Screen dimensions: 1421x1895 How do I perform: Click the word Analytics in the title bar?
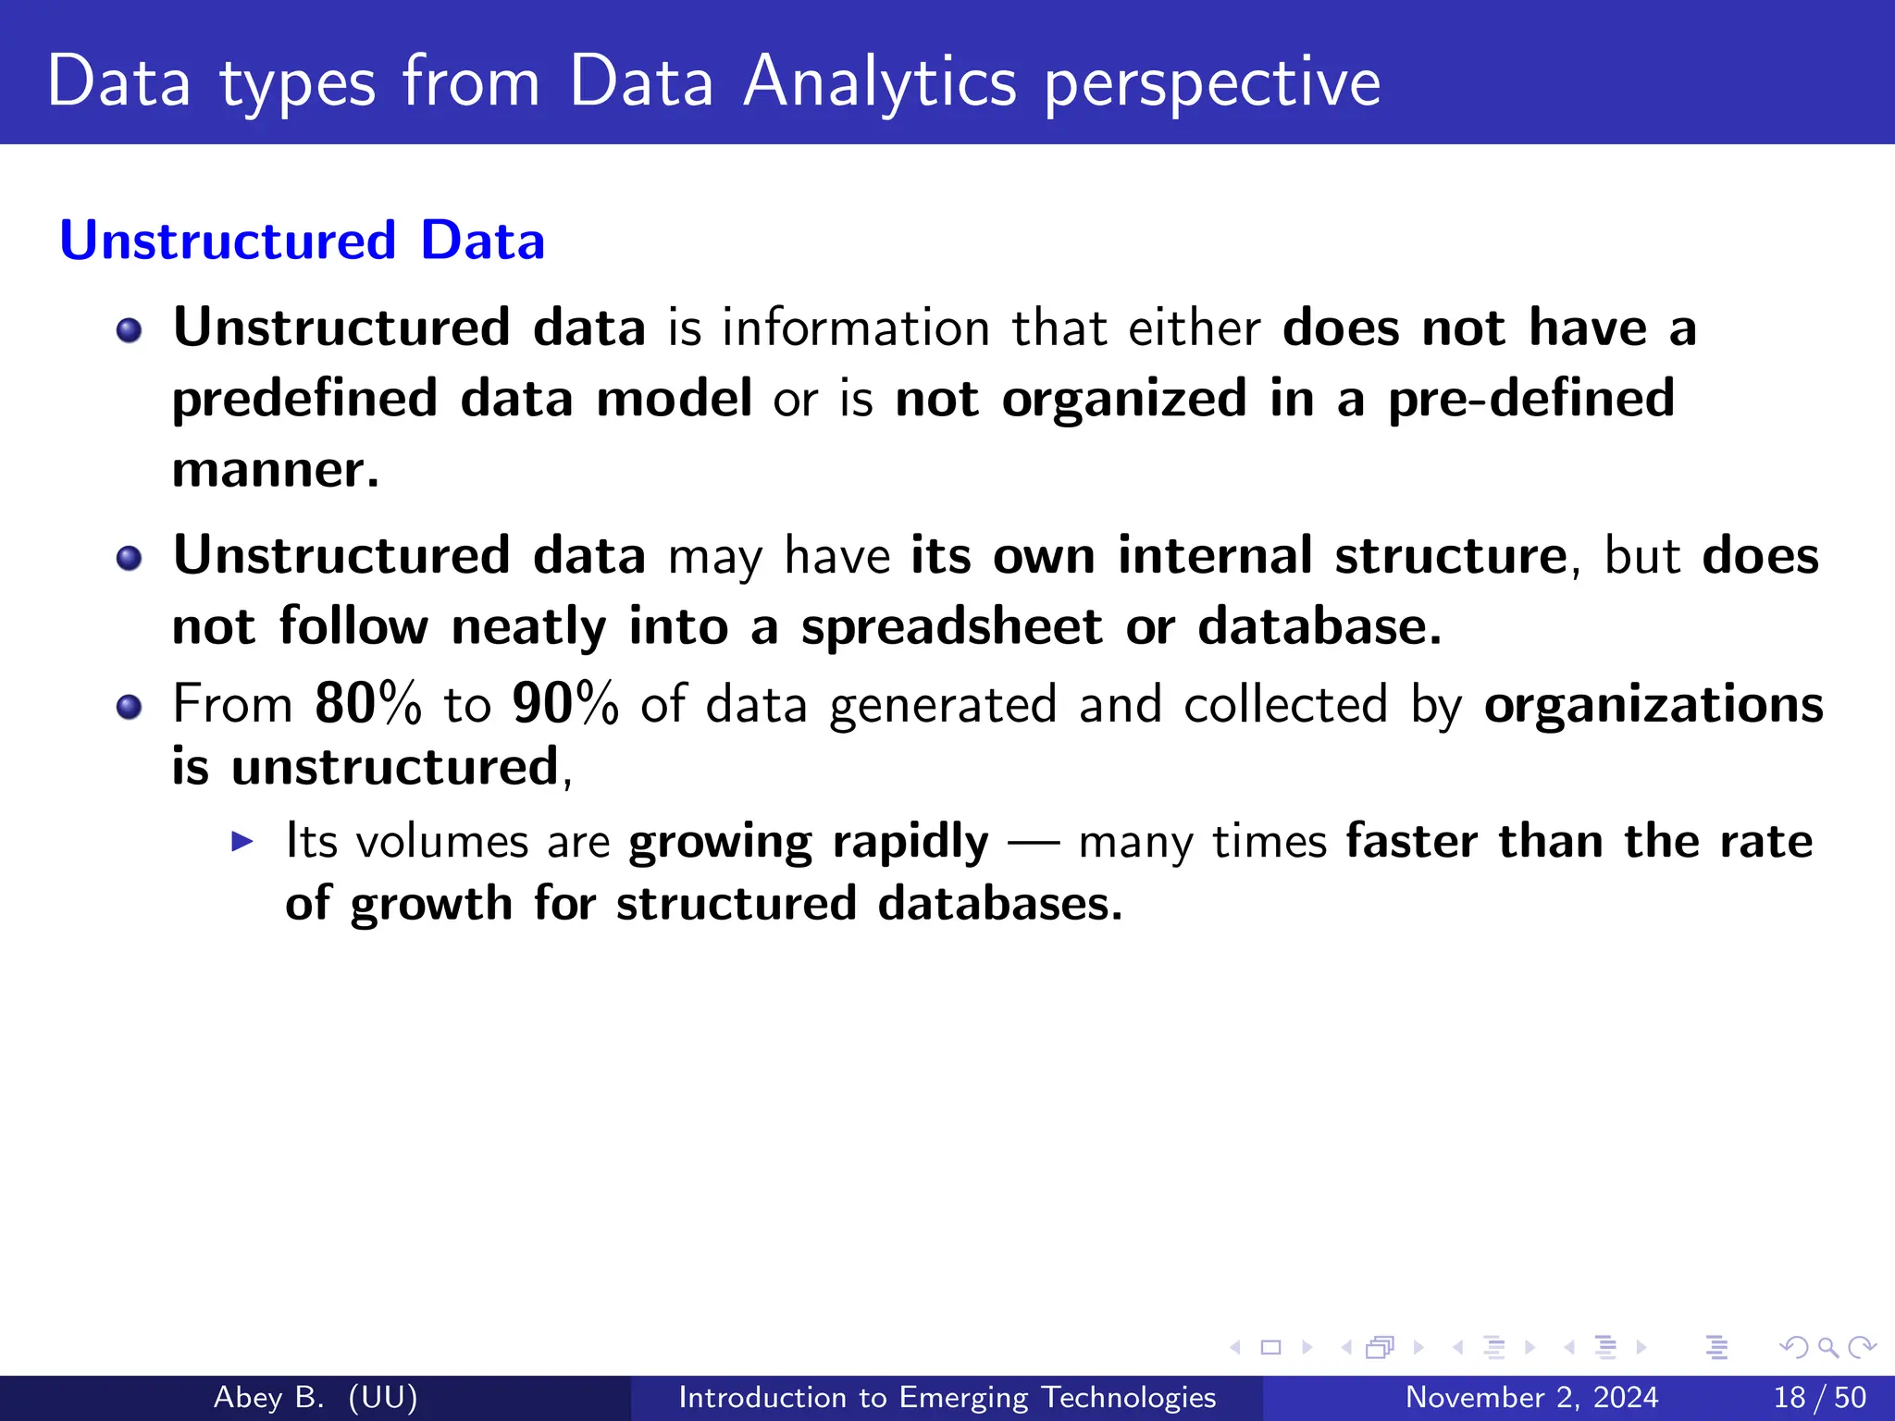pos(879,83)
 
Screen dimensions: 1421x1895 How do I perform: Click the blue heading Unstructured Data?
pos(302,241)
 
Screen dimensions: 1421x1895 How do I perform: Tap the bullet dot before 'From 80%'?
pos(130,708)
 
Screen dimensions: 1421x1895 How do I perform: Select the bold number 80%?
pos(367,704)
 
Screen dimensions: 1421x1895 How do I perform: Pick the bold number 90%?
pos(565,704)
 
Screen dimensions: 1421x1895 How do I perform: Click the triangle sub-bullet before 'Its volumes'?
pos(242,841)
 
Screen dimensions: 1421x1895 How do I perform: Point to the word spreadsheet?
pos(951,627)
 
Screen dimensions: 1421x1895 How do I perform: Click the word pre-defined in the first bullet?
pos(1531,399)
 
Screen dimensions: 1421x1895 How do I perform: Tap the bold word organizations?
pos(1653,705)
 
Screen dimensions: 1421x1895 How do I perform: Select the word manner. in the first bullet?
pos(276,469)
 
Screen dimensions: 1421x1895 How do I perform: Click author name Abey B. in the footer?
pos(268,1397)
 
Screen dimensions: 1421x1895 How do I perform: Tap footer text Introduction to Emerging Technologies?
pos(947,1397)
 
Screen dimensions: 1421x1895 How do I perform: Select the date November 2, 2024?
pos(1531,1397)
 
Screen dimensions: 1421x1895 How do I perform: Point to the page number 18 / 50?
pos(1819,1397)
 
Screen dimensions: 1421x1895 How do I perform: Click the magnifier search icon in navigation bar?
pos(1827,1347)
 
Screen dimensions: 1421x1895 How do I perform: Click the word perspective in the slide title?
pos(1212,83)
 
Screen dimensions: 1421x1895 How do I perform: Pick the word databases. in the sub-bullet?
pos(999,904)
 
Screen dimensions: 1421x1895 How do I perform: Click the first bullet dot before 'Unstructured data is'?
pos(130,330)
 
